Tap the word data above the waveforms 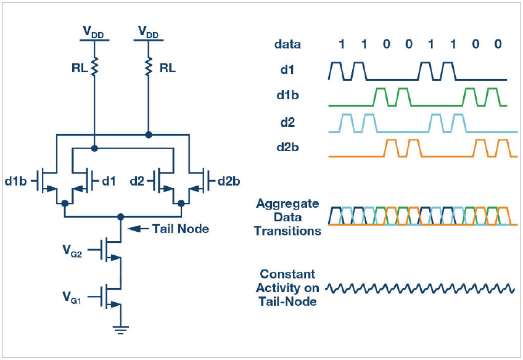[287, 44]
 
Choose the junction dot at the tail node [121, 217]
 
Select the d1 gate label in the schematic [109, 181]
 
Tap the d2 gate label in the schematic [137, 181]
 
